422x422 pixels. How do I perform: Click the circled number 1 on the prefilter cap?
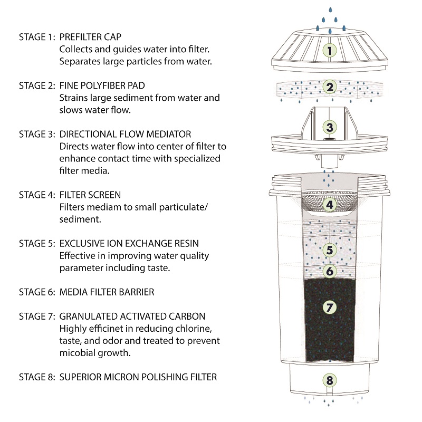[x=329, y=51]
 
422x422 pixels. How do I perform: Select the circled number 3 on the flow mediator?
[x=329, y=127]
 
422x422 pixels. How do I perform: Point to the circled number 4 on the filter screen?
[x=329, y=205]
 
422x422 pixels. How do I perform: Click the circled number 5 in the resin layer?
[x=329, y=250]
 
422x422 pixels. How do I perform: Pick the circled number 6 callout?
[x=329, y=271]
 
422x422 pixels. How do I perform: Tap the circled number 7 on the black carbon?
[x=329, y=306]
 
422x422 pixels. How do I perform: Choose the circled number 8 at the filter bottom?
[x=329, y=380]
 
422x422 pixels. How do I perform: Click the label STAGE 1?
[x=37, y=37]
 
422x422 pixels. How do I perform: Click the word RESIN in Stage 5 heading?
[x=186, y=244]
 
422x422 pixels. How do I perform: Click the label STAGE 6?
[x=37, y=292]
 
